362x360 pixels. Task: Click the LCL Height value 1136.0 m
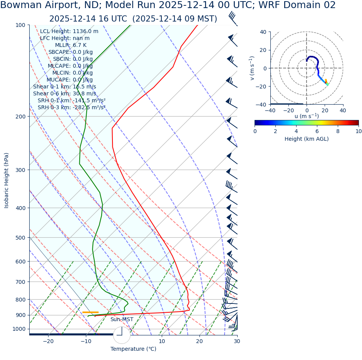tap(85, 31)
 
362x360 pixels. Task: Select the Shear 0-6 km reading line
tap(65, 93)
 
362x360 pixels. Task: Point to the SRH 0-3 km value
tap(89, 107)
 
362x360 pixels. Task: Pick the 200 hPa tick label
tap(20, 116)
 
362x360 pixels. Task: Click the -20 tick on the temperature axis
tap(48, 341)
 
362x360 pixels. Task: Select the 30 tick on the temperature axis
tap(236, 341)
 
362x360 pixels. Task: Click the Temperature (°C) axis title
tap(133, 349)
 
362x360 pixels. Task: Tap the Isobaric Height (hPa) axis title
tap(7, 180)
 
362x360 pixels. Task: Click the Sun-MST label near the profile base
tap(122, 319)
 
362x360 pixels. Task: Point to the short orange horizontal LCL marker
tap(90, 312)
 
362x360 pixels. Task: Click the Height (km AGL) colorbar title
tap(307, 139)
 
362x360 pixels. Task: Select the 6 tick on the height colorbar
tap(317, 131)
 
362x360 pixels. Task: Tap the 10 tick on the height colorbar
tap(359, 131)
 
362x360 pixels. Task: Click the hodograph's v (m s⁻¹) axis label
tap(252, 68)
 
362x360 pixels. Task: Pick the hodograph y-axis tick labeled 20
tap(264, 50)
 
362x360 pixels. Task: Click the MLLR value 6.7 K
tap(80, 45)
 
